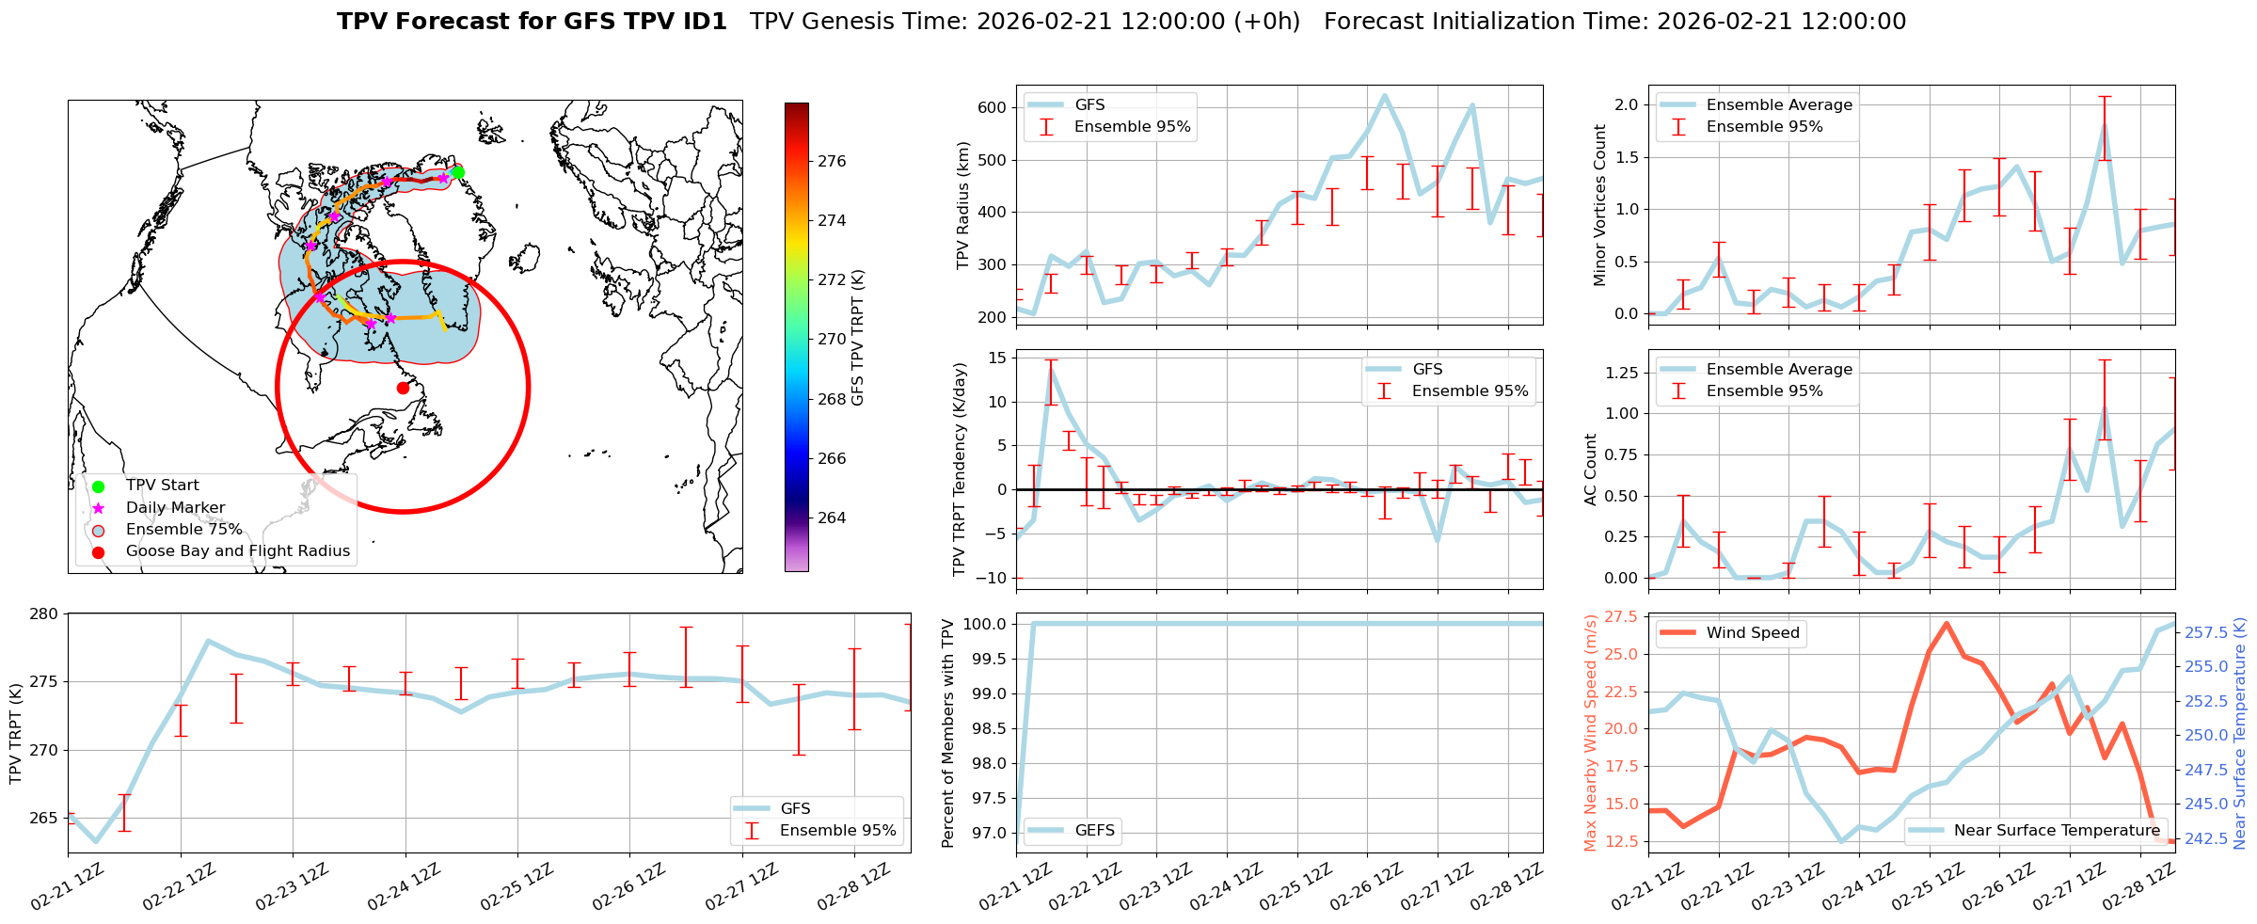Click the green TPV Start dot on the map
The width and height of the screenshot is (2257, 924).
coord(457,172)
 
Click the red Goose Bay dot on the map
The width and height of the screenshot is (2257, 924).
coord(403,388)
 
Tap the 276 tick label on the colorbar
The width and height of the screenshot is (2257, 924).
coord(832,162)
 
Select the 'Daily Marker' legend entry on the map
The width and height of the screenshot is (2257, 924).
coord(175,508)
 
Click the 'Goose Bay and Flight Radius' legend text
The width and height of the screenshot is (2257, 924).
coord(237,551)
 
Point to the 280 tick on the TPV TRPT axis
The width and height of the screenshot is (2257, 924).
coord(46,614)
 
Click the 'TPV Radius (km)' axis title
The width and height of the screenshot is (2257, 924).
coord(962,205)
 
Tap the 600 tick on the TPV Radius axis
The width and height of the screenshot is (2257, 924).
coord(993,107)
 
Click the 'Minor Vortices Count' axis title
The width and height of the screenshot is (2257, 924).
coord(1599,205)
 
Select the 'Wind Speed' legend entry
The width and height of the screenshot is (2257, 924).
coord(1752,633)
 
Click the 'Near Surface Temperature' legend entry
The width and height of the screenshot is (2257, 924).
coord(2056,831)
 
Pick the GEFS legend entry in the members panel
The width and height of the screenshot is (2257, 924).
coord(1094,831)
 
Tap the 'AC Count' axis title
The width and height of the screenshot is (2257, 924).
coord(1591,470)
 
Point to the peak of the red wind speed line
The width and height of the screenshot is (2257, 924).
coord(1946,623)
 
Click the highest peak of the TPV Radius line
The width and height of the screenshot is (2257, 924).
coord(1384,95)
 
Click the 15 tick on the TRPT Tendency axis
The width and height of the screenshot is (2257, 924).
coord(996,358)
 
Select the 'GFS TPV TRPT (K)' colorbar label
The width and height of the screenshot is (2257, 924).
coord(857,337)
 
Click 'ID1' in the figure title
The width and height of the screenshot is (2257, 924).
coord(701,22)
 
